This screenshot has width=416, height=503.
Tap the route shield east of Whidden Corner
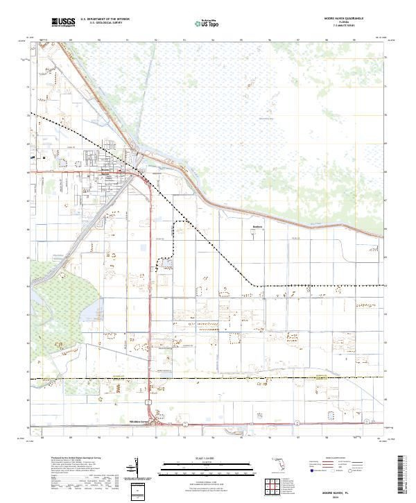[x=185, y=423]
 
